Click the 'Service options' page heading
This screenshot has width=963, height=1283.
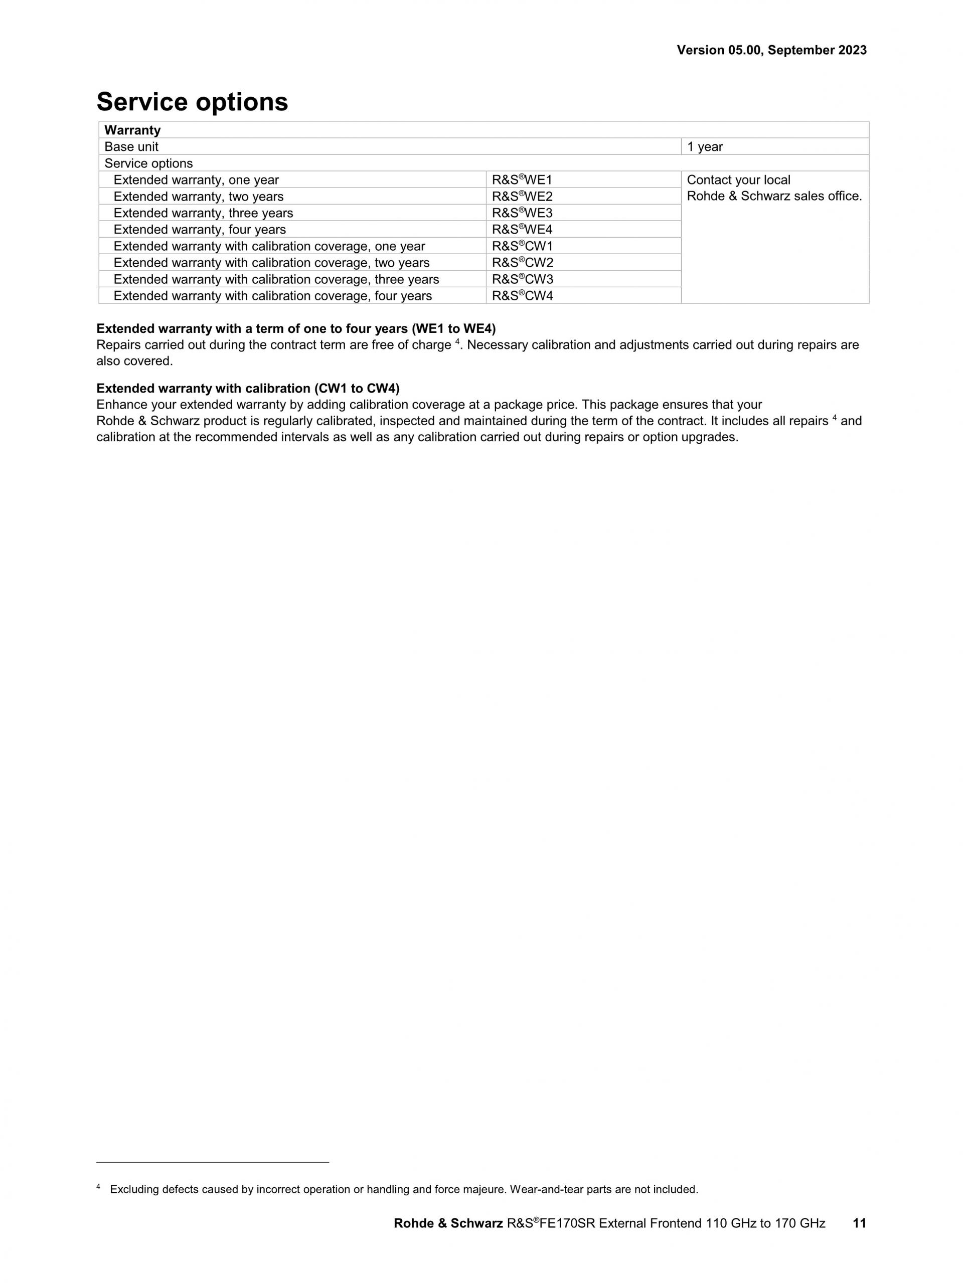click(192, 102)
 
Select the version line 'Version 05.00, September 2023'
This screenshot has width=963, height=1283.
click(771, 51)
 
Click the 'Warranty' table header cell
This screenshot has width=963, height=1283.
click(132, 130)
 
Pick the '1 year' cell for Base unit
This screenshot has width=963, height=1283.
click(705, 147)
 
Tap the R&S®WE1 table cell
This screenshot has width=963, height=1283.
click(522, 180)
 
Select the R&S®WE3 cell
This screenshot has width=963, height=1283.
click(522, 213)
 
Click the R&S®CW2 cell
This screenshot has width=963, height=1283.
click(523, 263)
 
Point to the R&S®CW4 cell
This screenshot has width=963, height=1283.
click(523, 296)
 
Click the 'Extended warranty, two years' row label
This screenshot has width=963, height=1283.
click(199, 197)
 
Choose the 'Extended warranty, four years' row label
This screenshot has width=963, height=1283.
click(200, 230)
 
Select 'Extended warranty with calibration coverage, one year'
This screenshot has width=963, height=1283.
click(269, 247)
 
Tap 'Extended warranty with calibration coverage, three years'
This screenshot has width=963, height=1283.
click(276, 280)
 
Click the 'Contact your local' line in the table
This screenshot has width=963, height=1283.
click(738, 180)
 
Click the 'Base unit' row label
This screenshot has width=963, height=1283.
click(131, 147)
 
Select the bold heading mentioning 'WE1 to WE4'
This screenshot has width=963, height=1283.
click(296, 329)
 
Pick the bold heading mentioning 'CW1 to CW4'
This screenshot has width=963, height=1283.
click(248, 388)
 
